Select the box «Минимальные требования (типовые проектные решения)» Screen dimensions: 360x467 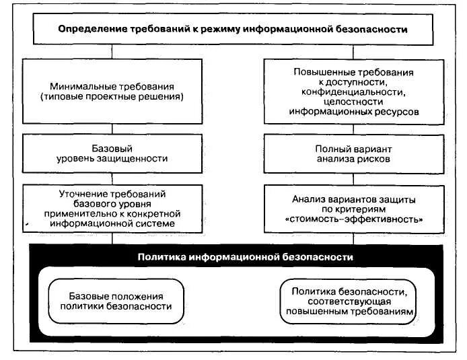pos(112,92)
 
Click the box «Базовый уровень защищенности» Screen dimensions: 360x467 pos(112,153)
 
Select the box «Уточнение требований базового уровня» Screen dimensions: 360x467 pos(112,208)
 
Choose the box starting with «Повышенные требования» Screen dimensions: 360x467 pos(353,92)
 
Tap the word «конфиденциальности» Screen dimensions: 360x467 pos(353,92)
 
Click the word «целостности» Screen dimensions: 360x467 pos(353,102)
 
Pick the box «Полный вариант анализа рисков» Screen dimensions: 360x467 pos(353,153)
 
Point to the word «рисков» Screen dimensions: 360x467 pos(373,159)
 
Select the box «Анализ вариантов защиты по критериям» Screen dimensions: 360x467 pos(353,208)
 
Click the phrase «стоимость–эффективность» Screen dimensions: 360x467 pos(353,219)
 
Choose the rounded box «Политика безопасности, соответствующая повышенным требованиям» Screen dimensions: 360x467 pos(348,301)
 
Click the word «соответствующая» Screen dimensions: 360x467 pos(348,301)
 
